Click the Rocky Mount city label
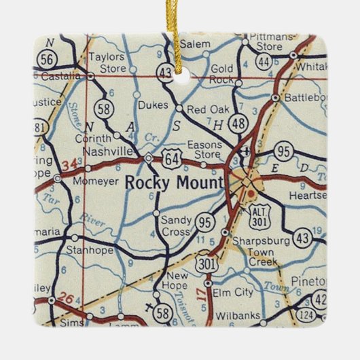[x=175, y=182]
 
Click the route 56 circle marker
[x=47, y=59]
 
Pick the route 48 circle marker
[x=238, y=123]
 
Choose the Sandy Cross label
[x=175, y=226]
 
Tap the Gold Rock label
[x=222, y=74]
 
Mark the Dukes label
[x=152, y=105]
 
